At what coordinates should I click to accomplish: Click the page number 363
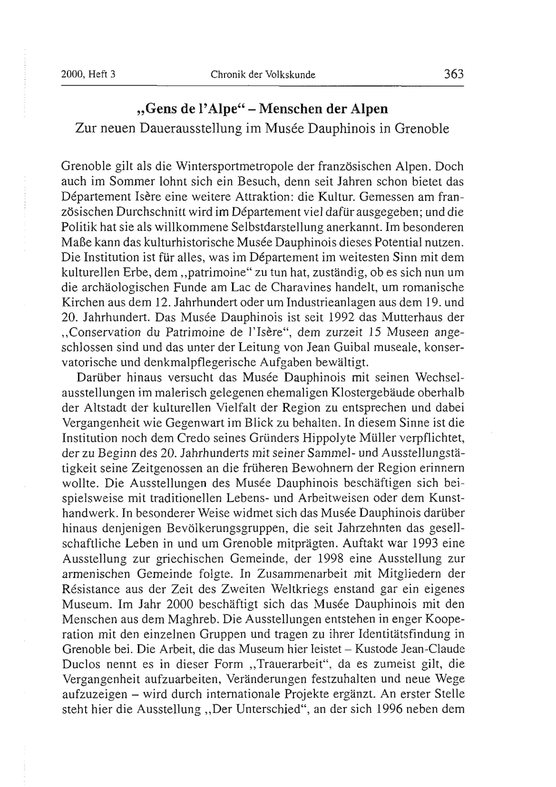pyautogui.click(x=453, y=74)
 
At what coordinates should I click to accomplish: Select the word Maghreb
pyautogui.click(x=196, y=619)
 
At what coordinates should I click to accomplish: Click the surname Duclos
pyautogui.click(x=81, y=664)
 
